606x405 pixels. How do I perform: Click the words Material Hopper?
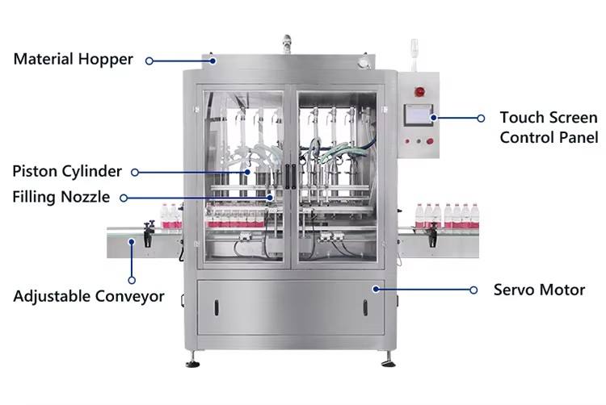click(72, 59)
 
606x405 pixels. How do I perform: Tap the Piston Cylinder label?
click(66, 171)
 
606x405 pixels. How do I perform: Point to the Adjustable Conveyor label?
click(88, 296)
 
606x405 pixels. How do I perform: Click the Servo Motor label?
click(539, 289)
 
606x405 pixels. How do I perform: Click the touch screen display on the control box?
click(416, 116)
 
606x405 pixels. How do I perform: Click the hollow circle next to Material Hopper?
click(150, 59)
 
